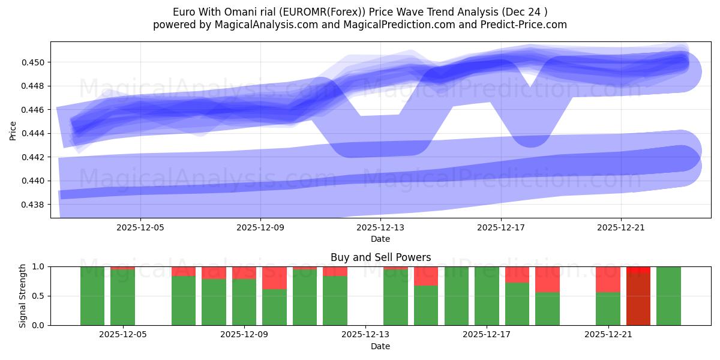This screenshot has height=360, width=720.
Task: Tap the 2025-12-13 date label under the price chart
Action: (380, 228)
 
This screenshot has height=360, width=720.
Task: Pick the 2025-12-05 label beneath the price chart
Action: (140, 228)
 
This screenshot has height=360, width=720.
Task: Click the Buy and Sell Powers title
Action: (380, 257)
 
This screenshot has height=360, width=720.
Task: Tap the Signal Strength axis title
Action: (22, 296)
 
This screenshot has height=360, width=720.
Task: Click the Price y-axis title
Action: (13, 130)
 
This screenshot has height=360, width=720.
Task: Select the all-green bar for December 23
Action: (668, 296)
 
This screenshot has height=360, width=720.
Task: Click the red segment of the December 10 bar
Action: (274, 278)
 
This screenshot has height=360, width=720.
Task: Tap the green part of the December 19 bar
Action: (547, 308)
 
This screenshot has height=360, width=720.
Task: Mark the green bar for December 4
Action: (92, 296)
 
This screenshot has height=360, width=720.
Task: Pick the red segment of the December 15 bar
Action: (426, 276)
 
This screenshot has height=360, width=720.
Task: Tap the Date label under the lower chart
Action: (380, 346)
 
